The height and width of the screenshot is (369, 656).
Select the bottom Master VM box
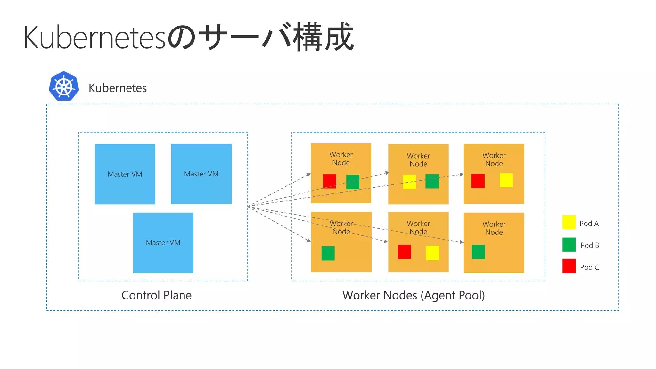tap(163, 242)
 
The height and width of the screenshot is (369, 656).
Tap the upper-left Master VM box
tap(125, 174)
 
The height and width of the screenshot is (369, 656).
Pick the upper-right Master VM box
tap(201, 174)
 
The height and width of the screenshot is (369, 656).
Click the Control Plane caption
tap(156, 295)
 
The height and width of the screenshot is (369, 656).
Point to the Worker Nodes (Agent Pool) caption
tap(414, 295)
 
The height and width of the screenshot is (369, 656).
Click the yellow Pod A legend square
tap(569, 222)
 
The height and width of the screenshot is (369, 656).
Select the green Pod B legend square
tap(569, 245)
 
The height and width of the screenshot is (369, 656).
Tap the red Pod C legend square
tap(569, 266)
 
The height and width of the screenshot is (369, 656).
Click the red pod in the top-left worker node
tap(329, 181)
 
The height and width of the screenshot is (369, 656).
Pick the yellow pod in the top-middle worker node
tap(409, 182)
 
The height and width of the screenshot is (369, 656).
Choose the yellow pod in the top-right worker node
tap(506, 180)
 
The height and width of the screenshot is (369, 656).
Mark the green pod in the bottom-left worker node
tap(328, 253)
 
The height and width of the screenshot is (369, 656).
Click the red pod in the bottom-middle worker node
tap(404, 252)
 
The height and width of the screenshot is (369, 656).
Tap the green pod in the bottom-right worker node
tap(478, 252)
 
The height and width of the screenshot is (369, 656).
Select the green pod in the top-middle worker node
tap(432, 181)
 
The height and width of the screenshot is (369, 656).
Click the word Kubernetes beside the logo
tap(118, 88)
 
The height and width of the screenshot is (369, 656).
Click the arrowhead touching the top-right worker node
tap(462, 175)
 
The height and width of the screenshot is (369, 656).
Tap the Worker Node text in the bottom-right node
tap(494, 228)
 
